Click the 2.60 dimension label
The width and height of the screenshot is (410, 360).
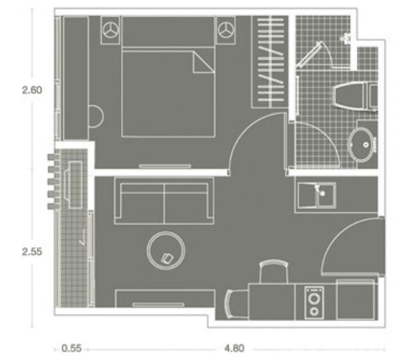coord(32,90)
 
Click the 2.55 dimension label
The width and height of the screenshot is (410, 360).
coord(32,251)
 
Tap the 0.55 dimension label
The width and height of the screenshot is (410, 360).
coord(71,348)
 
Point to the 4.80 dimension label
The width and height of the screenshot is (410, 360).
coord(234,348)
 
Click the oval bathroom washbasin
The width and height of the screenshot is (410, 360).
coord(365,143)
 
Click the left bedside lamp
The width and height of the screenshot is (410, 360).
coord(112,29)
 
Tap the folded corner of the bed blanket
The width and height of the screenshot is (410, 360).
coord(203,64)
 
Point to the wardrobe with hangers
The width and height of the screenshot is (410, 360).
coord(270,62)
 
